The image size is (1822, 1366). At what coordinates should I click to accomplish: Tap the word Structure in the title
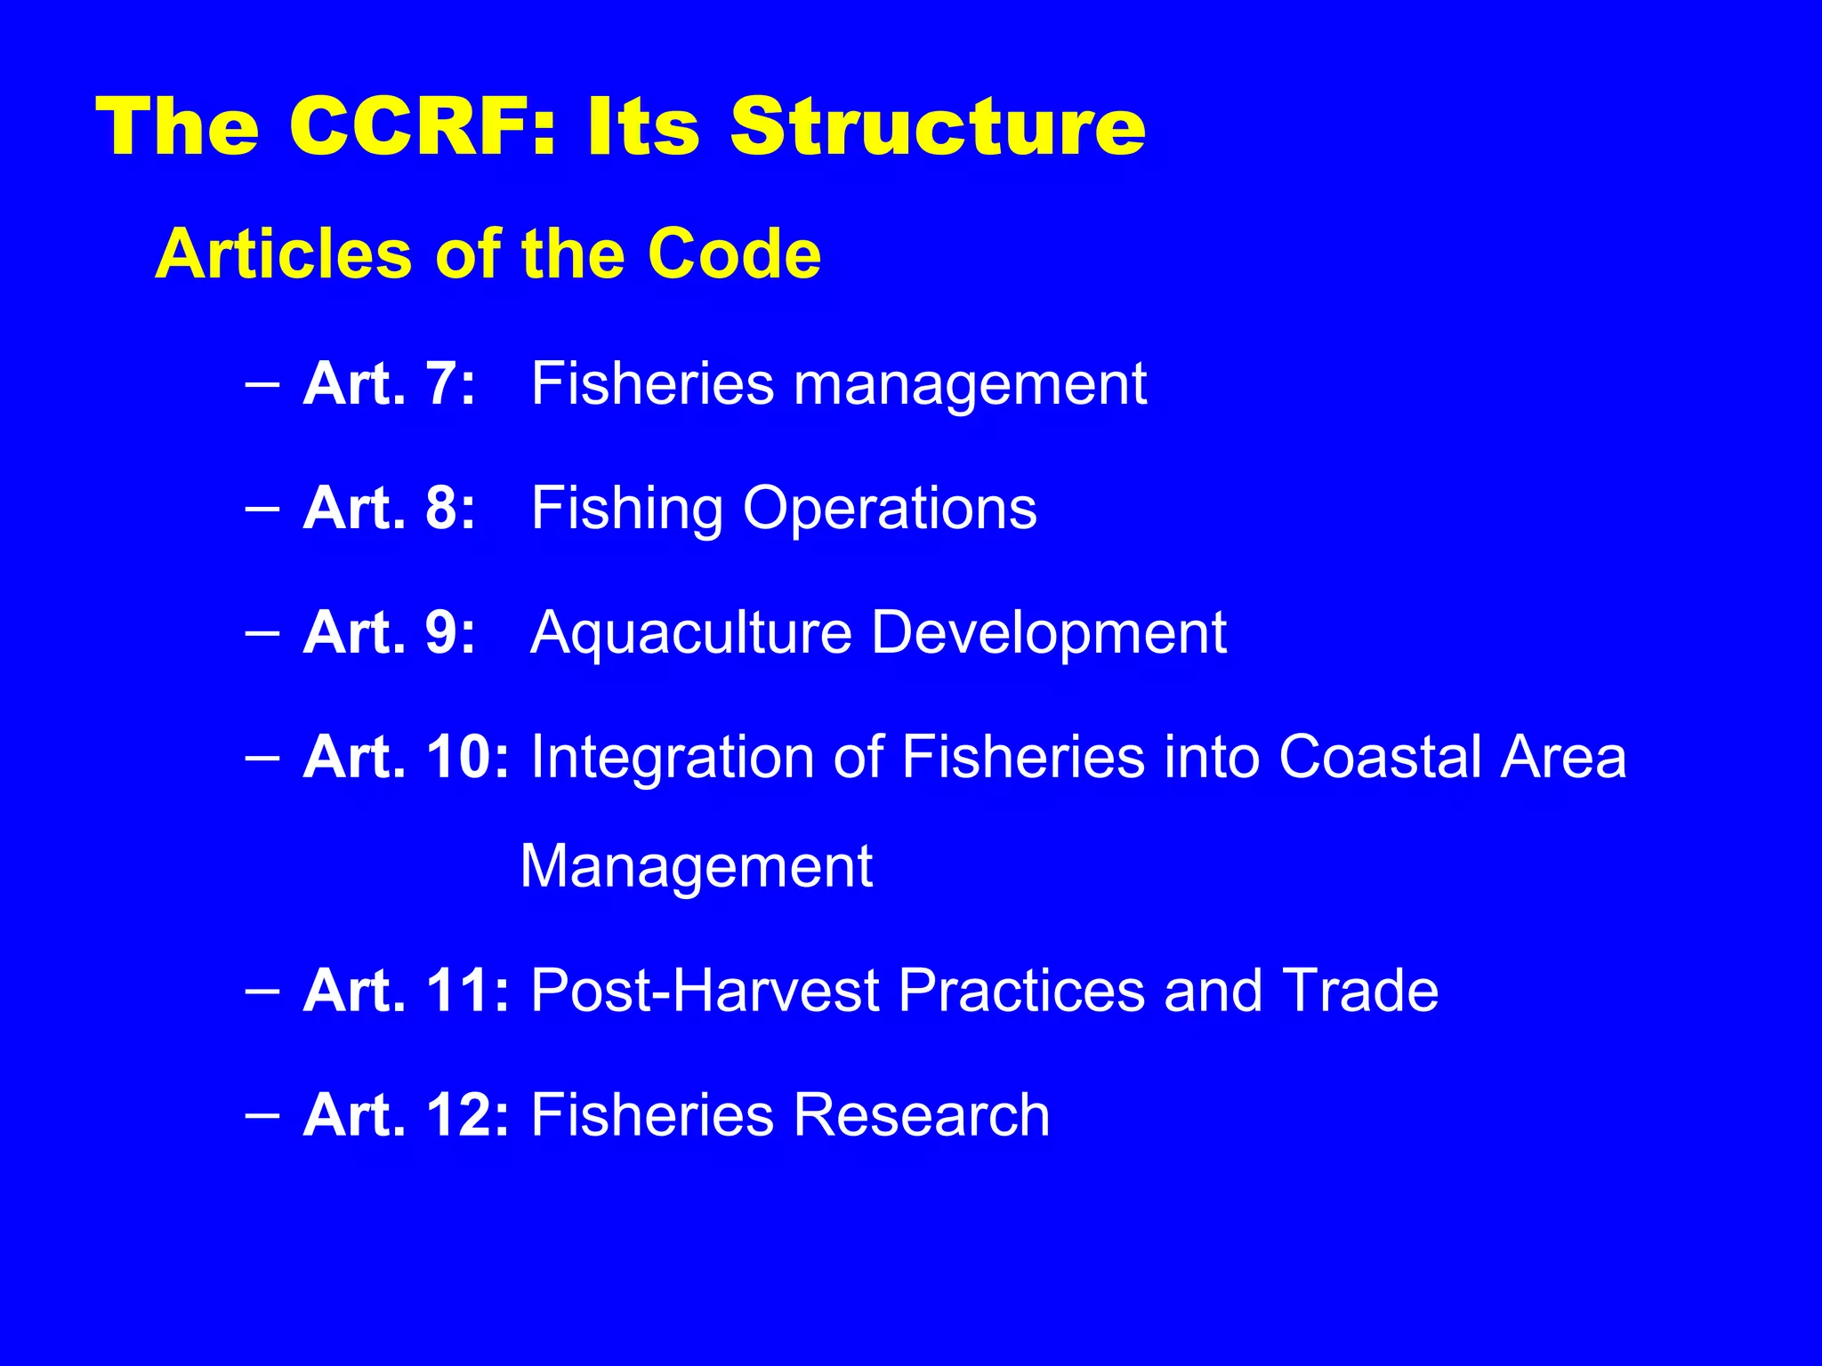[938, 126]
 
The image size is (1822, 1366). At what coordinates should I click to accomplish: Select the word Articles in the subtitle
[282, 254]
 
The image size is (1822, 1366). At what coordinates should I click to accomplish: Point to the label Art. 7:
[389, 384]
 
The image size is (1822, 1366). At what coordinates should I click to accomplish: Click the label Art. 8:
[389, 509]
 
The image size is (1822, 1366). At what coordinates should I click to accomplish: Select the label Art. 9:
[389, 633]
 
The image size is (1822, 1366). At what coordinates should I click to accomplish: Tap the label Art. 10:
[406, 758]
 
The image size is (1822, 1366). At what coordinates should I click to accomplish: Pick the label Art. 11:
[406, 991]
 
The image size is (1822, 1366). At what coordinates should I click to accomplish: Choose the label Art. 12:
[406, 1115]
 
